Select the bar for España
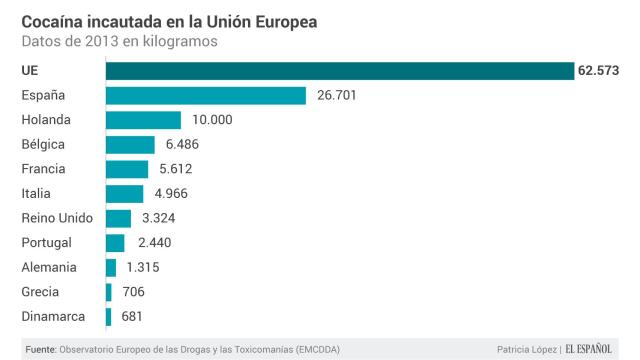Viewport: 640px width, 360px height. coord(205,95)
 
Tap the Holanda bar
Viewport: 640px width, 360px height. coord(143,120)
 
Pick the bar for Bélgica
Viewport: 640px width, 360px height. coord(130,144)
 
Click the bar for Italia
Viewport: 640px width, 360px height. coord(124,193)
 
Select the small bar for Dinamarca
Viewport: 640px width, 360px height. coord(108,316)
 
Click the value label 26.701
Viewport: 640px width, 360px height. coord(337,95)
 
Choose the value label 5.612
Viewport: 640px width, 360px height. coord(180,169)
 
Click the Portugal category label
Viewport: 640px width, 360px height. coord(47,242)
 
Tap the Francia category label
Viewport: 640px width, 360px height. coord(45,169)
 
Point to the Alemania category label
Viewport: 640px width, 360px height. coord(49,267)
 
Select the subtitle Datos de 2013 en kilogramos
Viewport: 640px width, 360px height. coord(117,41)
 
